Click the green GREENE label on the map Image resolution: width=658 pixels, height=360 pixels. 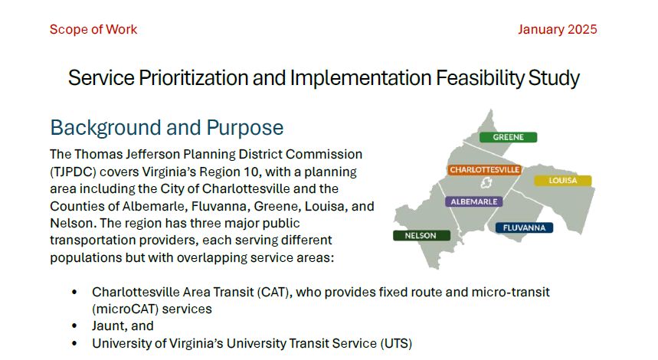point(508,137)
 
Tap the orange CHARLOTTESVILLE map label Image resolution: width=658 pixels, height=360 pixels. point(484,169)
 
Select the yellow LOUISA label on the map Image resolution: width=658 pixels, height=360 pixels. point(562,181)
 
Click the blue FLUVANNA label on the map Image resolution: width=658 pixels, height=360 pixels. point(524,227)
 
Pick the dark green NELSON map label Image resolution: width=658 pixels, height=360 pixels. point(421,236)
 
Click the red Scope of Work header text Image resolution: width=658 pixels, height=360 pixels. point(93,30)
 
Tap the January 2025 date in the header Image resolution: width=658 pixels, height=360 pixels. point(557,30)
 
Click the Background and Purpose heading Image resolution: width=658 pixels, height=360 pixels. point(166,127)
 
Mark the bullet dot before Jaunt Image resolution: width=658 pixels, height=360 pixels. point(74,326)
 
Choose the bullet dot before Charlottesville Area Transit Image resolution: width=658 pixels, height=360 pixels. point(74,293)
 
